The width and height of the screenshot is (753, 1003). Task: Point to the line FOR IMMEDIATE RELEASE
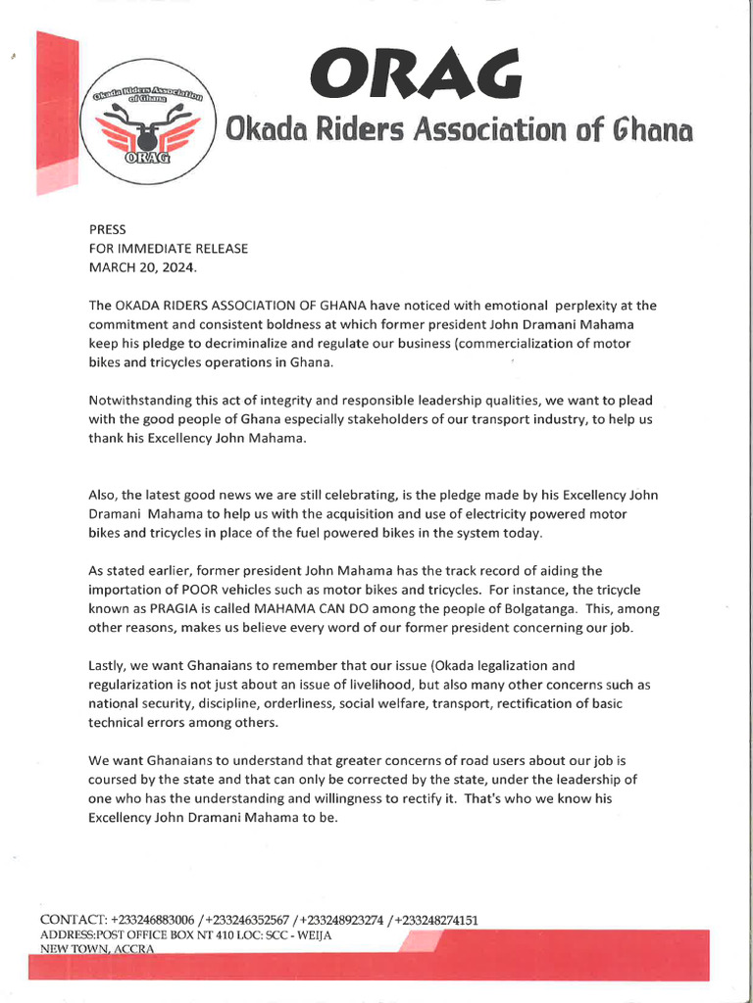168,249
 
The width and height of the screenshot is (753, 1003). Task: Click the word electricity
482,514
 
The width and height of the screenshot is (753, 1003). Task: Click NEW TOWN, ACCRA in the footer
97,950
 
